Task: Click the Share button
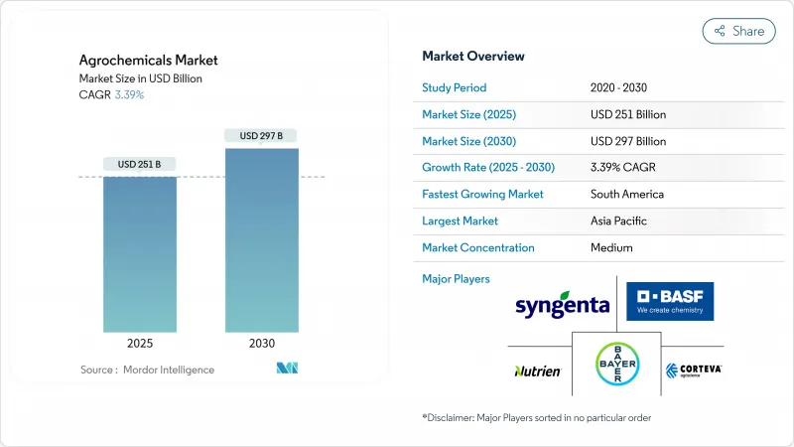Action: tap(738, 31)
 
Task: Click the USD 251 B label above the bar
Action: tap(140, 164)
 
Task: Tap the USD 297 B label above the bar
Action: tap(262, 135)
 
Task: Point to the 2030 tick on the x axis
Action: tap(262, 342)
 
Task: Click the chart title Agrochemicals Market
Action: tap(149, 61)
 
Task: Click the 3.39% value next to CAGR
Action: tap(128, 94)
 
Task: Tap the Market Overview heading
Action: tap(473, 56)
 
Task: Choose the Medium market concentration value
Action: tap(611, 247)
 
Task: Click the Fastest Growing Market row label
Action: tap(482, 194)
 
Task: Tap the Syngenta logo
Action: tap(562, 303)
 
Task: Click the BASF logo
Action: tap(670, 301)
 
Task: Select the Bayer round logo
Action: tap(616, 365)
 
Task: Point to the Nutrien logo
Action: tap(538, 371)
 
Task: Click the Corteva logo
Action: tap(694, 371)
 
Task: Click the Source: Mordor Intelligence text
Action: tap(147, 370)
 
